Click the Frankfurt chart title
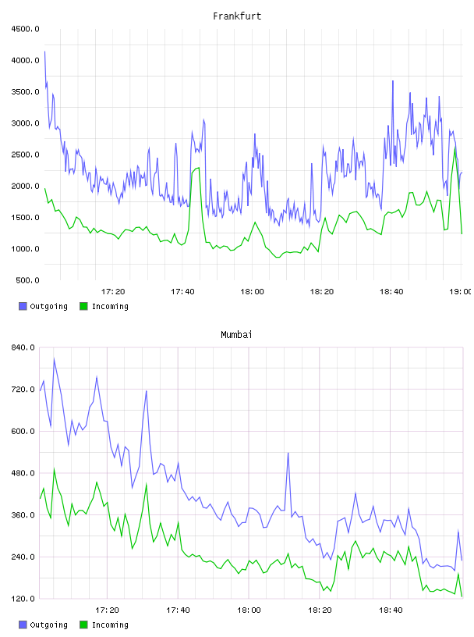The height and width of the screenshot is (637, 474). [x=237, y=16]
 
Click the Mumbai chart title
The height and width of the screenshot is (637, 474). [x=236, y=335]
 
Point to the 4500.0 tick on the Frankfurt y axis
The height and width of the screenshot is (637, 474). [x=25, y=29]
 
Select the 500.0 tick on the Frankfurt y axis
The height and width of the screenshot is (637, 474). [x=27, y=280]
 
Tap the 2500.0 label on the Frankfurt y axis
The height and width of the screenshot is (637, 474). [x=25, y=155]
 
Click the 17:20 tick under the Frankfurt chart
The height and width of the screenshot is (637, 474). [x=113, y=292]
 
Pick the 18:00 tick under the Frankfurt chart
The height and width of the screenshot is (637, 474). [x=252, y=292]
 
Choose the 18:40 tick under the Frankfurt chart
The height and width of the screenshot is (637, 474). [x=391, y=292]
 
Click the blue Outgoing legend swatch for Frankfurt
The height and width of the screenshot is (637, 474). [x=23, y=306]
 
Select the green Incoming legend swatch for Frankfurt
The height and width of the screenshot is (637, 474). [x=83, y=306]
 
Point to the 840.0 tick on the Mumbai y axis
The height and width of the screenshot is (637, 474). [x=23, y=347]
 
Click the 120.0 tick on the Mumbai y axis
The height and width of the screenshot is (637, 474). [x=23, y=599]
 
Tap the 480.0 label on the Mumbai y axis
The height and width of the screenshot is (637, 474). [x=23, y=473]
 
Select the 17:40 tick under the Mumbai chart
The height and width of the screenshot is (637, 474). [x=178, y=610]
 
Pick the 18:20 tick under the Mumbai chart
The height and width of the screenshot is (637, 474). [x=320, y=610]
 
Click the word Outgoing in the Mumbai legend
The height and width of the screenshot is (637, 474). [x=48, y=625]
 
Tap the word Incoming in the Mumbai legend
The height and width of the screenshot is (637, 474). [x=110, y=625]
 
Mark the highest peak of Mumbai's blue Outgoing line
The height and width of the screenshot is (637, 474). [x=54, y=359]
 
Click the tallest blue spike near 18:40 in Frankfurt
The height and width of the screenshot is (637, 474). [x=393, y=81]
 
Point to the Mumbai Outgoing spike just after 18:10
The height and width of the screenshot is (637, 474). [x=288, y=453]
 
